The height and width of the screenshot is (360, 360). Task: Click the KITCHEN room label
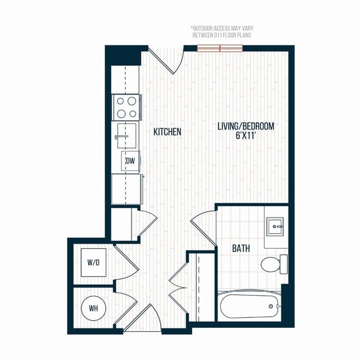pos(167,132)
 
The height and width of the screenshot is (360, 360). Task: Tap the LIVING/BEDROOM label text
pos(245,126)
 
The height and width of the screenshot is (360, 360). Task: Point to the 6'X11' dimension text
pos(245,136)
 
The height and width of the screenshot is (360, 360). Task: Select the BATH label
pos(240,249)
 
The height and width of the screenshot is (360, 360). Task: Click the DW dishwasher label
pos(131,161)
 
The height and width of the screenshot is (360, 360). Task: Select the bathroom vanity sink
pos(275,227)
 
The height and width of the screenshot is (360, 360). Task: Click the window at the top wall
pos(220,48)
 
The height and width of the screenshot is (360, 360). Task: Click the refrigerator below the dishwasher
pos(126,189)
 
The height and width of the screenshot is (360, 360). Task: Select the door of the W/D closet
pos(126,263)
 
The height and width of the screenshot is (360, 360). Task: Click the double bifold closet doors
pos(178,285)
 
